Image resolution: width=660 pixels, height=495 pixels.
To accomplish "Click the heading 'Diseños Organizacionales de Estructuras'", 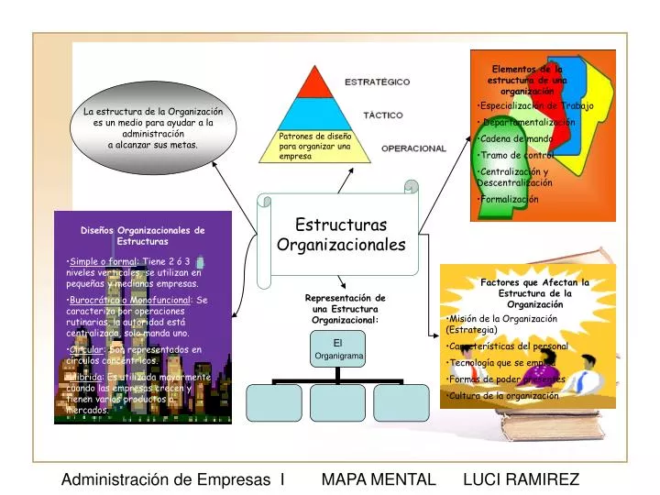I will [142, 236].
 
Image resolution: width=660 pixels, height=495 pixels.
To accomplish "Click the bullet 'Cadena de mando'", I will [516, 139].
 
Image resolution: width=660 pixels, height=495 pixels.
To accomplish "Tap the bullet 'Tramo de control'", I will [517, 155].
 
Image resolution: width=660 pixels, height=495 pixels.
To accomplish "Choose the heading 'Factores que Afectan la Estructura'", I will [534, 293].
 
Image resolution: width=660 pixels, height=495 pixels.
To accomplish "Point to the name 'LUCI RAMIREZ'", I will [521, 479].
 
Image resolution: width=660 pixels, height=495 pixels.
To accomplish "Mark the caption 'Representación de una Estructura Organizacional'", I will [345, 309].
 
